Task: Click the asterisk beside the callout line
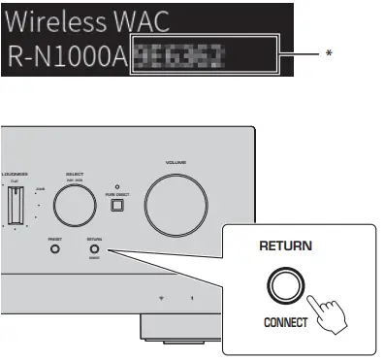point(330,54)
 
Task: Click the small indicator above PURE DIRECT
point(116,184)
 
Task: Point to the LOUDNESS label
point(13,172)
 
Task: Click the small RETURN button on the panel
point(94,248)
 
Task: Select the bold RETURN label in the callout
point(286,246)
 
